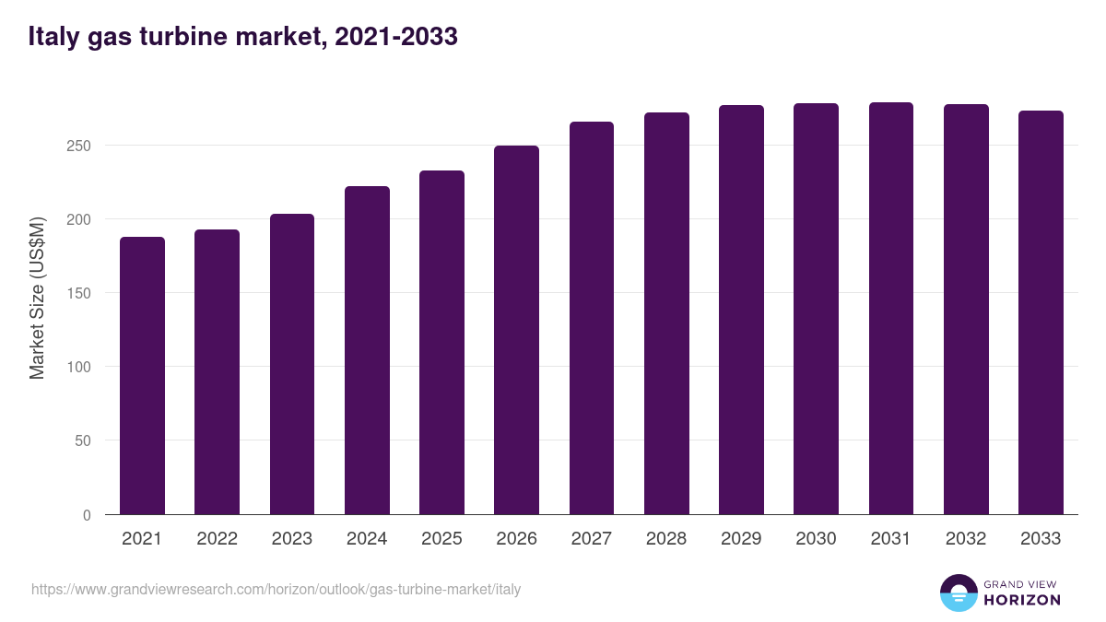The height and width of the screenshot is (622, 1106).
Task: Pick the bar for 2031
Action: pyautogui.click(x=890, y=309)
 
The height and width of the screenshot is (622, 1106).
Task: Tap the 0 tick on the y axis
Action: pyautogui.click(x=87, y=515)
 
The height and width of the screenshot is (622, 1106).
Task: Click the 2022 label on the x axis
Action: pyautogui.click(x=217, y=539)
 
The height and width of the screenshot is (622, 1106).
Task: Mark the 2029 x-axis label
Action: pyautogui.click(x=741, y=539)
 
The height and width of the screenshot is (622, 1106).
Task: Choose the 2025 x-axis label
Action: pyautogui.click(x=441, y=539)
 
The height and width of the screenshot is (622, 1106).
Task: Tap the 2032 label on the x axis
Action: pyautogui.click(x=966, y=539)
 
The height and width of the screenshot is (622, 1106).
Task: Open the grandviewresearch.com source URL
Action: pyautogui.click(x=276, y=589)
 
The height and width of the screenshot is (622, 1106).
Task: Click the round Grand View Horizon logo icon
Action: pyautogui.click(x=958, y=593)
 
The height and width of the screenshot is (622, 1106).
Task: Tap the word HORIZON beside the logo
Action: pyautogui.click(x=1022, y=600)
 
